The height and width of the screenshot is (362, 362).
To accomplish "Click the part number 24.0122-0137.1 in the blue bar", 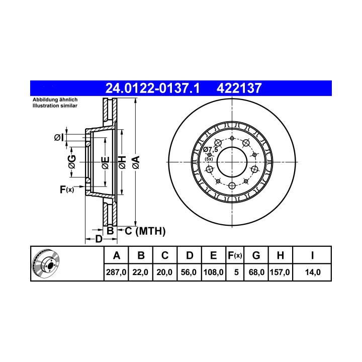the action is click(x=152, y=88).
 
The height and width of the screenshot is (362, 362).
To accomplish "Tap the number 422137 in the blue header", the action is click(x=239, y=88).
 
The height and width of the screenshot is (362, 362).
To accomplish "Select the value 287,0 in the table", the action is click(x=116, y=272).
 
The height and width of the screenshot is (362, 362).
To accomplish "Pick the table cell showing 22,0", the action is click(x=140, y=272).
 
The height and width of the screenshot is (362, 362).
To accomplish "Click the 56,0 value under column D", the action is click(x=189, y=272).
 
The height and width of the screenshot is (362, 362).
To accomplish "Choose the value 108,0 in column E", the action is click(x=213, y=272).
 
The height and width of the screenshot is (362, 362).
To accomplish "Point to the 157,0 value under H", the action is click(x=280, y=272).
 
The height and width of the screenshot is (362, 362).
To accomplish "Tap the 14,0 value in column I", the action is click(x=313, y=272).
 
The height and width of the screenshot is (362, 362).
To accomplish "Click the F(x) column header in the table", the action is click(x=235, y=255).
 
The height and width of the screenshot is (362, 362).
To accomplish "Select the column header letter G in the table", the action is click(x=256, y=255).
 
